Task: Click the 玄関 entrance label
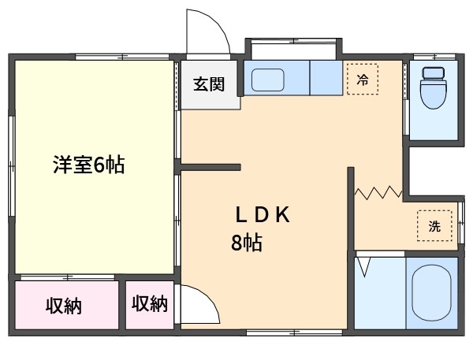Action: click(x=209, y=84)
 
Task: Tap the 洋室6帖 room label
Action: click(x=88, y=165)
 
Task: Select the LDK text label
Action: click(x=263, y=214)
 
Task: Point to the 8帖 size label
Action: click(x=247, y=243)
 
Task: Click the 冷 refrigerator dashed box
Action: click(x=363, y=80)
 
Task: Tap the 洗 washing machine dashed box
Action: click(x=434, y=226)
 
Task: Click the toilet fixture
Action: click(x=434, y=87)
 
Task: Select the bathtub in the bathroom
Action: click(x=432, y=292)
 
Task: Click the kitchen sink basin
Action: click(x=267, y=80)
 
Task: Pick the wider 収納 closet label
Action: click(x=64, y=306)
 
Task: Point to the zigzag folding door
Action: click(x=378, y=193)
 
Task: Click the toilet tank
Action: click(x=434, y=73)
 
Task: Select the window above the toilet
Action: click(x=434, y=57)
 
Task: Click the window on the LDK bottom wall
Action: click(x=294, y=332)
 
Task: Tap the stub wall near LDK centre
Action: click(x=210, y=167)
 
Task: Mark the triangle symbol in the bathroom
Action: click(x=364, y=267)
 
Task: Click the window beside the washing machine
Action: click(x=461, y=223)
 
